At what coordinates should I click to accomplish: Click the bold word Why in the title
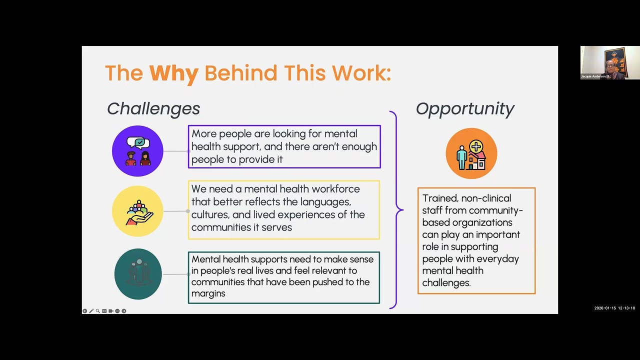(x=173, y=73)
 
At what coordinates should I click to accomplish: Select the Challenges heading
(x=153, y=109)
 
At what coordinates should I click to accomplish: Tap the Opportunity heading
(x=465, y=109)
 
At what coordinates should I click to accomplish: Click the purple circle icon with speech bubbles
(x=137, y=151)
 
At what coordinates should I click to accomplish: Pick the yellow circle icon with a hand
(x=137, y=211)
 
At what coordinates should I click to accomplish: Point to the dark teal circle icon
(x=138, y=274)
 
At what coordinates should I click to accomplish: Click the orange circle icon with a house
(x=471, y=153)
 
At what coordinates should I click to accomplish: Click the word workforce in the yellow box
(x=335, y=189)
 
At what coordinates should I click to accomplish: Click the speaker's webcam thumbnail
(x=610, y=62)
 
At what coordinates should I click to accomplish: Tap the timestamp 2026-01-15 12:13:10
(x=614, y=308)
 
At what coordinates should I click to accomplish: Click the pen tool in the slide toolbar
(x=91, y=311)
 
